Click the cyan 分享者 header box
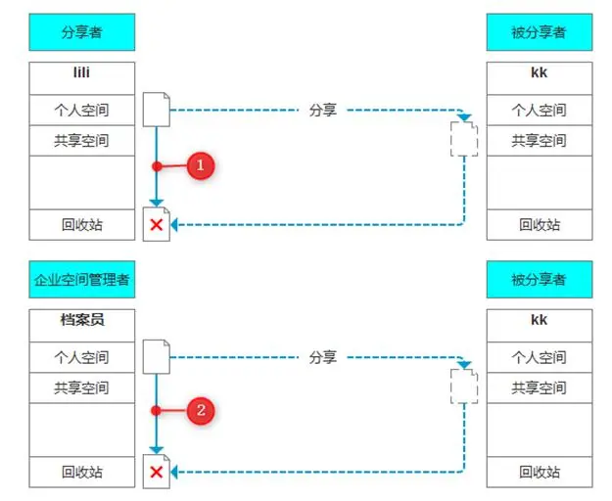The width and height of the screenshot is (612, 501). click(81, 32)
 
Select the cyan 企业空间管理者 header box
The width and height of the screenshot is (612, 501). click(81, 280)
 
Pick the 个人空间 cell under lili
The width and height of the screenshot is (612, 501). click(81, 110)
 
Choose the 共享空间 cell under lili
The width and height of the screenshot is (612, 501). click(81, 140)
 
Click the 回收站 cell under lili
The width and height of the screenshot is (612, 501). click(81, 224)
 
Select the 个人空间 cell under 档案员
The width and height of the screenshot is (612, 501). click(81, 357)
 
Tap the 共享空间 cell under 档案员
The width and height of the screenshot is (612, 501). click(81, 387)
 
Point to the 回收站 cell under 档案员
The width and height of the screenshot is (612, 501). click(81, 472)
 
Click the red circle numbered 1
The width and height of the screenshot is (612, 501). click(200, 166)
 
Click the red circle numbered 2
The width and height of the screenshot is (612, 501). click(200, 411)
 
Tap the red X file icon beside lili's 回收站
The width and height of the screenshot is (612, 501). click(157, 224)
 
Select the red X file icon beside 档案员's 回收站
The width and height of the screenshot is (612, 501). click(157, 472)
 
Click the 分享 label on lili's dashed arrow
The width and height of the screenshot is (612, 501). click(322, 110)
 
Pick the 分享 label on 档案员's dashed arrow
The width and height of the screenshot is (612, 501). click(322, 357)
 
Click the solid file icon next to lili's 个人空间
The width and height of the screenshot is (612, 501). click(157, 109)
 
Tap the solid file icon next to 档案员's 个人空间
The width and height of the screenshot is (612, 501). click(157, 356)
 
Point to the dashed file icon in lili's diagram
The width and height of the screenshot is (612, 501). click(464, 138)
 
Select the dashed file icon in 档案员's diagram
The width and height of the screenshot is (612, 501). click(464, 386)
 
